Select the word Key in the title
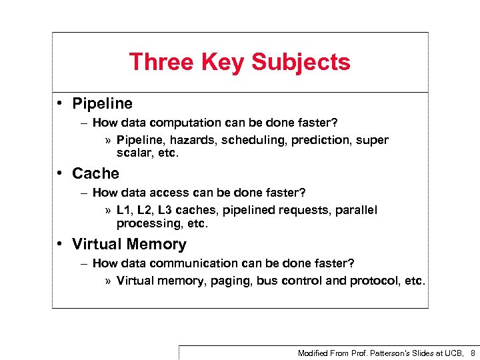pos(221,62)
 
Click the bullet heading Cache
pos(95,173)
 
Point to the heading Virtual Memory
pos(129,244)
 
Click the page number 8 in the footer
pos(473,353)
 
